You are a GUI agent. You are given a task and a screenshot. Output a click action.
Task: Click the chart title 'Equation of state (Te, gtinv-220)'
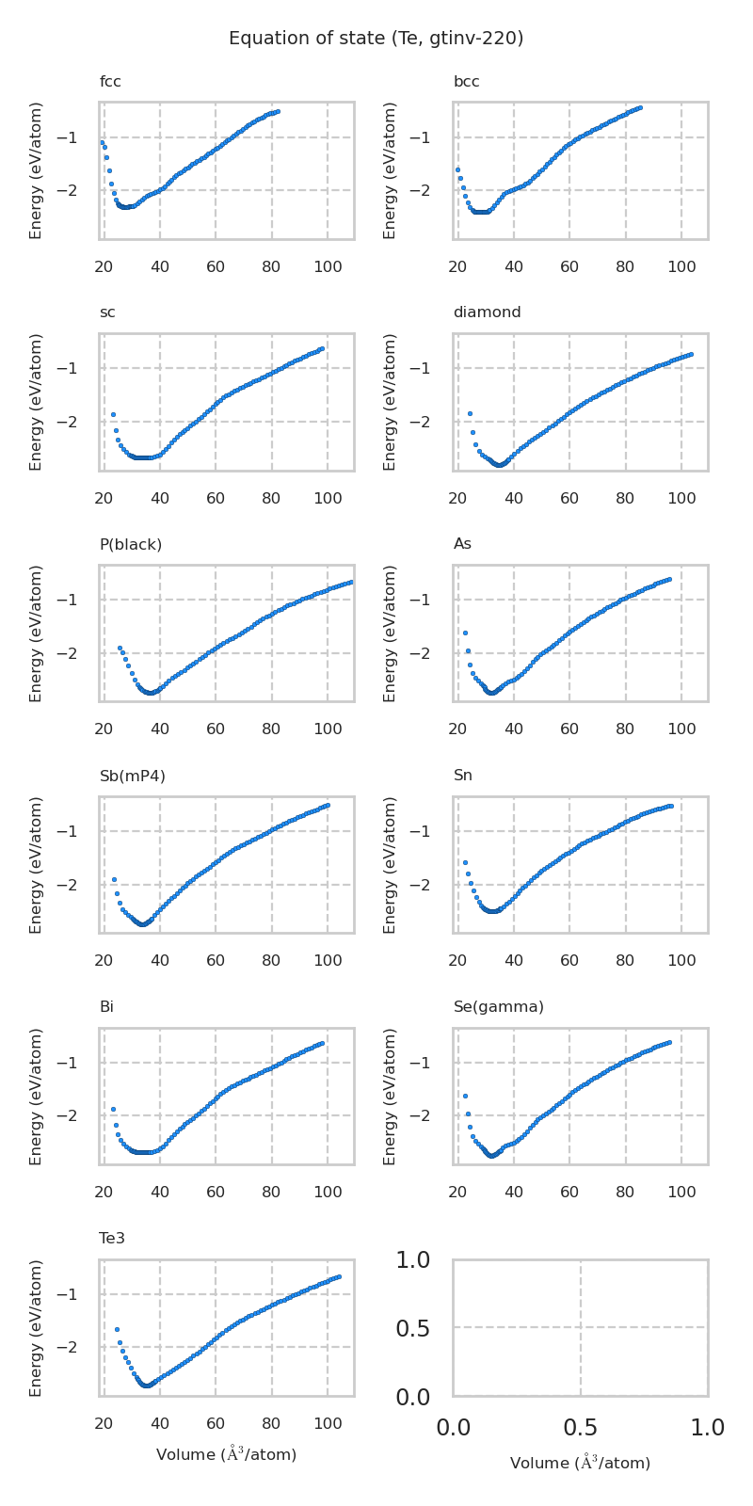tap(376, 39)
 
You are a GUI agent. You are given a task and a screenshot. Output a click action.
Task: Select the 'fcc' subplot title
tap(110, 82)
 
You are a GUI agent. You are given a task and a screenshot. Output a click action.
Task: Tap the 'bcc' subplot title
tap(466, 82)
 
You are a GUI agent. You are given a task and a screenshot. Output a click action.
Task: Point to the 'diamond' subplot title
tap(487, 312)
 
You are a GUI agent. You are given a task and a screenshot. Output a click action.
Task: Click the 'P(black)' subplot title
tap(130, 544)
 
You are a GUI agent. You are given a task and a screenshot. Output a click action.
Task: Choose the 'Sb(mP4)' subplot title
tap(132, 776)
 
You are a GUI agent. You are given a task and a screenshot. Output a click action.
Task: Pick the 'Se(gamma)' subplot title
tap(498, 1007)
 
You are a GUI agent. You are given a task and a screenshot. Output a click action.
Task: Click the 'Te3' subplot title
tap(112, 1239)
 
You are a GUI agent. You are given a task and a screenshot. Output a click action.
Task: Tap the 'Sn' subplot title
tap(462, 776)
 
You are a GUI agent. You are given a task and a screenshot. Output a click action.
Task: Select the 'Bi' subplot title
tap(106, 1007)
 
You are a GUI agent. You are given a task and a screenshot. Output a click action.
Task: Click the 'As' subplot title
tap(462, 544)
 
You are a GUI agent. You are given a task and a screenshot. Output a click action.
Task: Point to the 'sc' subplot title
tap(107, 312)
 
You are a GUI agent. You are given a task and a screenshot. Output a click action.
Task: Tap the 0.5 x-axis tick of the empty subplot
tap(580, 1428)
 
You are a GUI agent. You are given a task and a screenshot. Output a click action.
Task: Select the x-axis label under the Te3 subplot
tap(226, 1454)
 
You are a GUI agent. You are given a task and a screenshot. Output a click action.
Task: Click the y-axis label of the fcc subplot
tap(37, 170)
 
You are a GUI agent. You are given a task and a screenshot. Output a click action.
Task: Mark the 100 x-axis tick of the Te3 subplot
tap(328, 1424)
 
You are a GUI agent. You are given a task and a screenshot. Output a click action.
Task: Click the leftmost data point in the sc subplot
tap(113, 414)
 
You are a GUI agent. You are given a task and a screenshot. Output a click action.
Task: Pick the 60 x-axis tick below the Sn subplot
tap(569, 961)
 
